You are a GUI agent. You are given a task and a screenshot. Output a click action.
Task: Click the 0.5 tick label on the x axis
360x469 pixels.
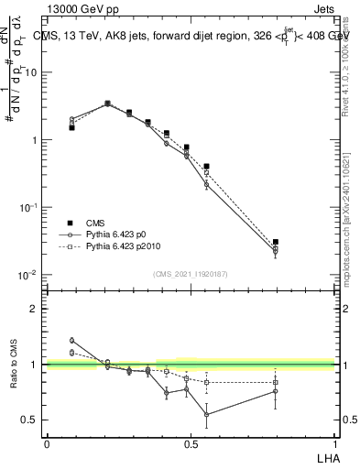click(190, 443)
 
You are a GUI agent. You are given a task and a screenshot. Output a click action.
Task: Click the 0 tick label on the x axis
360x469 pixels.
click(47, 443)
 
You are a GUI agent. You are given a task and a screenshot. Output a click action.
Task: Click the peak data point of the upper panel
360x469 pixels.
click(107, 104)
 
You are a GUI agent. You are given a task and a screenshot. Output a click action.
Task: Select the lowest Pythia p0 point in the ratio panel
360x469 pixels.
click(207, 414)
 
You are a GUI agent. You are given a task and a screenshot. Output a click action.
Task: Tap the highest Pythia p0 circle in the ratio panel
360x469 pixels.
click(71, 340)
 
